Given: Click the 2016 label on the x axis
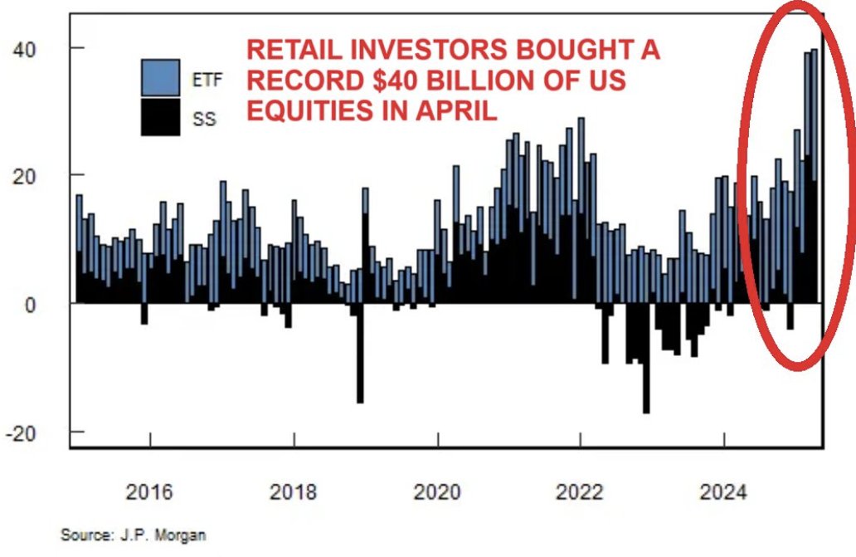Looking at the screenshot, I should click(149, 493).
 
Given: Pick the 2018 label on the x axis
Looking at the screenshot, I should click(293, 493).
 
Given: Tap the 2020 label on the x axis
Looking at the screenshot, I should click(437, 493).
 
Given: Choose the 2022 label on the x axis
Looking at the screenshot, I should click(580, 493).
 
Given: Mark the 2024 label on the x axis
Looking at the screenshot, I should click(723, 493).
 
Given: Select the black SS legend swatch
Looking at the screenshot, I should click(160, 117).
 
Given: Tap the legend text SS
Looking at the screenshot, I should click(204, 120).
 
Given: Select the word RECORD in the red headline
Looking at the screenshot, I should click(294, 81).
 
